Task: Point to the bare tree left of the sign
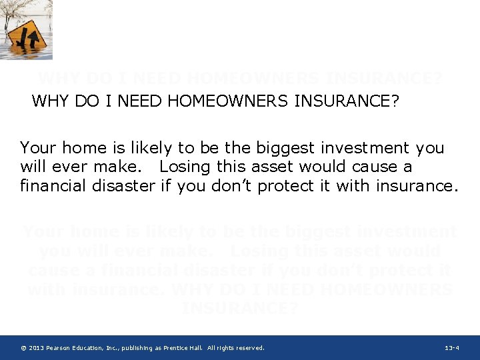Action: pyautogui.click(x=11, y=13)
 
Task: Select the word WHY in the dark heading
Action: pyautogui.click(x=49, y=101)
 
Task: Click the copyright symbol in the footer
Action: pyautogui.click(x=23, y=348)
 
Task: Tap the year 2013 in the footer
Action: pyautogui.click(x=37, y=348)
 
